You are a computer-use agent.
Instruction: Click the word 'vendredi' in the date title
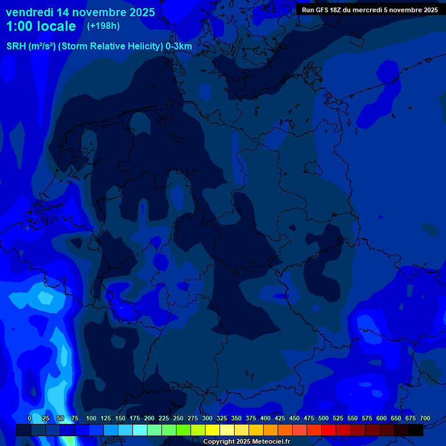pos(30,12)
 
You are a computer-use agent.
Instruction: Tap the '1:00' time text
pos(20,26)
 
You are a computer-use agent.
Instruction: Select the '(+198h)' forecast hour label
pos(103,26)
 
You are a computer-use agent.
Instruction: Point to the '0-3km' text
pos(179,46)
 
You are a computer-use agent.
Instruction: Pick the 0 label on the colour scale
pos(30,418)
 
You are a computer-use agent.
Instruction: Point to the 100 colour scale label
pos(91,418)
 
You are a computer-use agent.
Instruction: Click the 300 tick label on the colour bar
pos(207,418)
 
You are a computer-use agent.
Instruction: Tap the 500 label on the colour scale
pos(323,418)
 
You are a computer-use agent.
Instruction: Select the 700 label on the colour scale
pos(425,418)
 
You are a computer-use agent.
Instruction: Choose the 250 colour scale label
pos(178,418)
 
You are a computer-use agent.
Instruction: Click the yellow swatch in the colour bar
pos(213,430)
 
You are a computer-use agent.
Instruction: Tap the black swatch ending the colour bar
pos(416,430)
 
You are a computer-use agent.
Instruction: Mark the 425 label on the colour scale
pos(280,418)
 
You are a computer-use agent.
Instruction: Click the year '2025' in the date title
pos(139,12)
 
